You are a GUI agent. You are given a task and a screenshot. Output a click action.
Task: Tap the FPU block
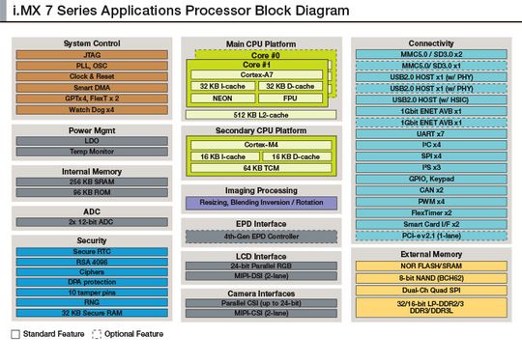[290, 98]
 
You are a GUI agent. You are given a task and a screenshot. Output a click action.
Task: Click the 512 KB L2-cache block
[262, 114]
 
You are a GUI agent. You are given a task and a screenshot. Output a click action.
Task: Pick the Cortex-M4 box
[262, 142]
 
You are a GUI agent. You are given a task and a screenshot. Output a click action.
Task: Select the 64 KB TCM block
[262, 167]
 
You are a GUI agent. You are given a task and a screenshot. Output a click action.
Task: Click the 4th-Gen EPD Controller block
[262, 236]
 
